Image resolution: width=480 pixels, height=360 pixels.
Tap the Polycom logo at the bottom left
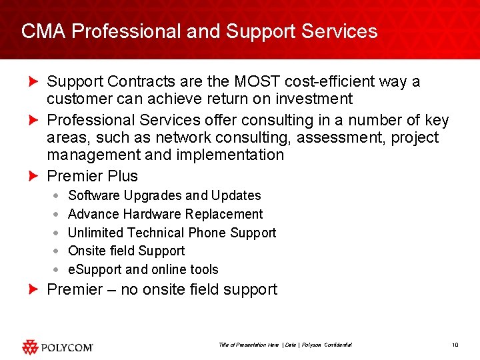(x=57, y=347)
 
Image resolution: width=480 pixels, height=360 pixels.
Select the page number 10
(x=455, y=345)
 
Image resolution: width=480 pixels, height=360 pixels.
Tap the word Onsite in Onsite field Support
(x=87, y=251)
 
